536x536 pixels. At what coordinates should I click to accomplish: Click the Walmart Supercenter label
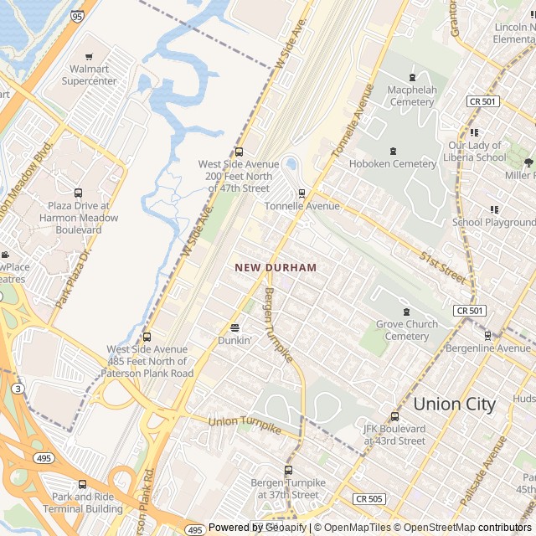[95, 75]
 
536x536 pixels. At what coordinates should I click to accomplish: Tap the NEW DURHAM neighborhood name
[276, 267]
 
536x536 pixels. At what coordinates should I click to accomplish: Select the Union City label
[455, 404]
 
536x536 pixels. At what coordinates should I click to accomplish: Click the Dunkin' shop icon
[234, 327]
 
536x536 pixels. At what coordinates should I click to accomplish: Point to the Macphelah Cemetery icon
[411, 77]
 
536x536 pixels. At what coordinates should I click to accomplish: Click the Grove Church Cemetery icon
[406, 312]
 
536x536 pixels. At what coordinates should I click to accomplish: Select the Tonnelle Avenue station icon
[301, 193]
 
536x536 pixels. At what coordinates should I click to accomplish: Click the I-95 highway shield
[77, 16]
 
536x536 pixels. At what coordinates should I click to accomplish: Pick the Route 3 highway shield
[18, 389]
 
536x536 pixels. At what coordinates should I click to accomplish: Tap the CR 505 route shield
[368, 499]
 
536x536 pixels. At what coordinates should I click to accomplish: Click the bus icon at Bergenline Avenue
[487, 335]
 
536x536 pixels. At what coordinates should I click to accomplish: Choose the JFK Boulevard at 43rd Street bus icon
[394, 416]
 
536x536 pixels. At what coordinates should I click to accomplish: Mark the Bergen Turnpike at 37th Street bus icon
[288, 470]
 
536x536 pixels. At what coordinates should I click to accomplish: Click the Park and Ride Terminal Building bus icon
[82, 484]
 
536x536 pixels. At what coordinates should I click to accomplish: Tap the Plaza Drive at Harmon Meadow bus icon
[79, 193]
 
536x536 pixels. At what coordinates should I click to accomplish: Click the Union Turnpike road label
[245, 425]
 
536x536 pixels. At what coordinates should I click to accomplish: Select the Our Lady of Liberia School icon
[475, 132]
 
